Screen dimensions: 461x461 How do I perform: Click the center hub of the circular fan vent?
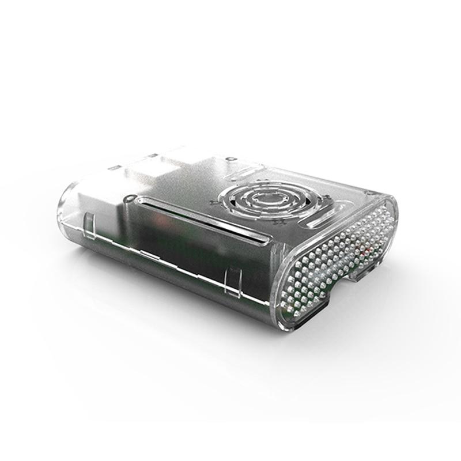(x=270, y=200)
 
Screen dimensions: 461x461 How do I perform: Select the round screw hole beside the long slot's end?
(x=126, y=199)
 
